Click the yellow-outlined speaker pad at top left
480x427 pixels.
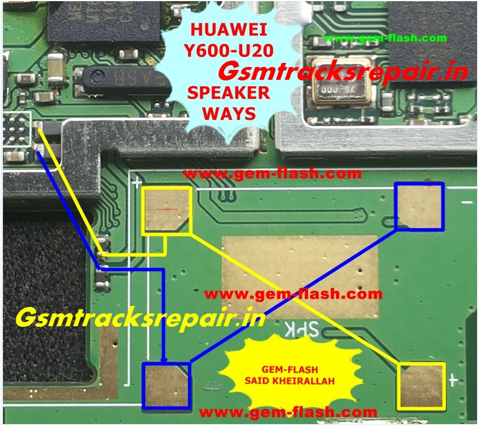(x=167, y=210)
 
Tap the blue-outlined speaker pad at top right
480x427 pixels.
(x=419, y=205)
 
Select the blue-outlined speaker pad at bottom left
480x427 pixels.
(x=166, y=385)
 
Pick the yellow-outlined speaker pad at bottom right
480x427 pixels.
(x=421, y=386)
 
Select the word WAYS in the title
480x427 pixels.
(x=229, y=112)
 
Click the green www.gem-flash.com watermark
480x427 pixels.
(x=385, y=38)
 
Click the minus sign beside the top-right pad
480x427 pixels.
(x=467, y=203)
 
